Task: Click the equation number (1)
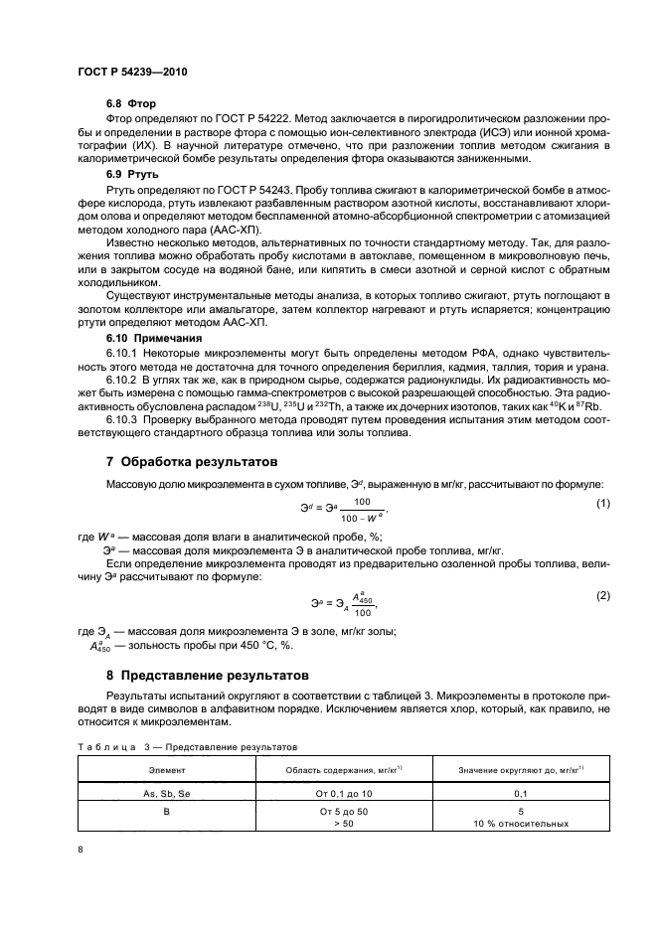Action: click(x=601, y=504)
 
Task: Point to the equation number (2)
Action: click(x=601, y=594)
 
